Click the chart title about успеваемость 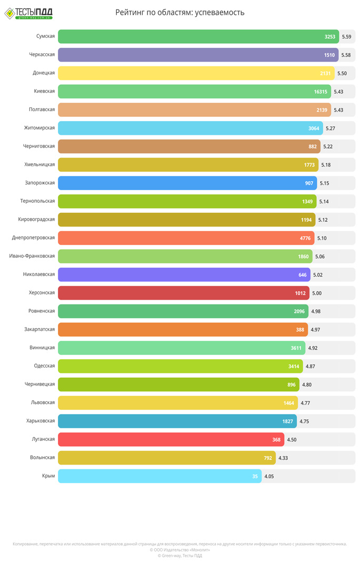click(179, 13)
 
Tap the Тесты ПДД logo click(28, 13)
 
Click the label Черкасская click(42, 55)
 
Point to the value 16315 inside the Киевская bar click(321, 92)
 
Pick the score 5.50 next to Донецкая click(342, 73)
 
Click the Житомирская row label click(39, 128)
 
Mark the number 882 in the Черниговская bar click(313, 146)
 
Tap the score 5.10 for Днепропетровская click(322, 238)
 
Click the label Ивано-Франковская click(32, 256)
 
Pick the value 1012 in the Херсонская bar click(301, 293)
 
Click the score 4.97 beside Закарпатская click(315, 329)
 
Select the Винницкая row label click(42, 348)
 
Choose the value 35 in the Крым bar click(255, 476)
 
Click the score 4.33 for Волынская click(283, 458)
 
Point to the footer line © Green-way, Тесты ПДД click(179, 555)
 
